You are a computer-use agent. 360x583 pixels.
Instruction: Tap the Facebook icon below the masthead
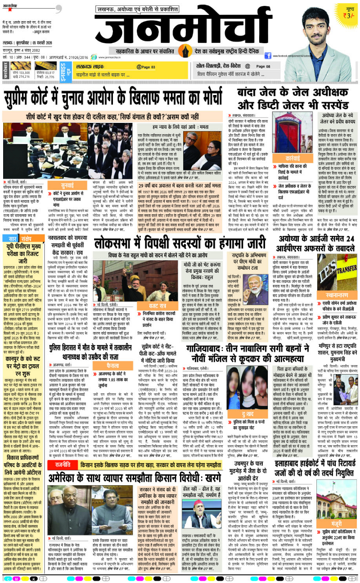[x=268, y=56]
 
